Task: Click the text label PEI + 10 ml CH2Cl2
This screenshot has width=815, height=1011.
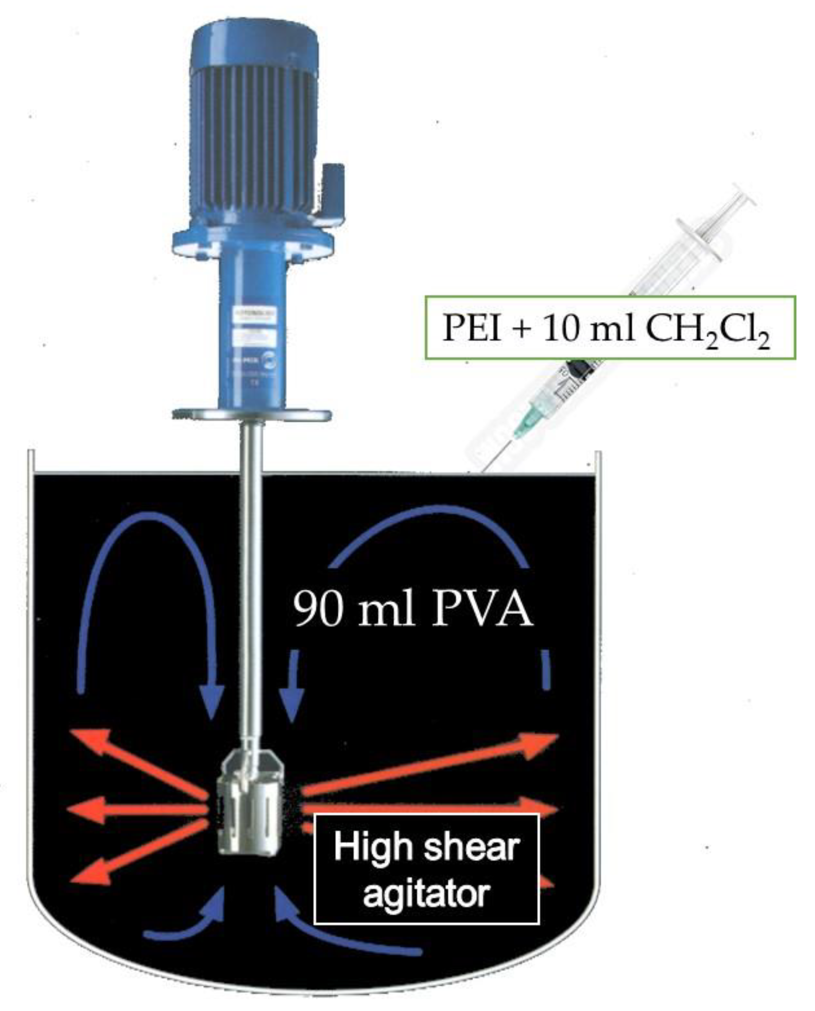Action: (x=608, y=328)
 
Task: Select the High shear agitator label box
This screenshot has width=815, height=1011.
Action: (x=426, y=868)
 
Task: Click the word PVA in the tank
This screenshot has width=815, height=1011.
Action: (x=481, y=609)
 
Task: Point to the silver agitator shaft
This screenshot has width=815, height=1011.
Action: (x=251, y=566)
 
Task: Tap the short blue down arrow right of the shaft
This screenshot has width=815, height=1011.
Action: (x=293, y=684)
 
